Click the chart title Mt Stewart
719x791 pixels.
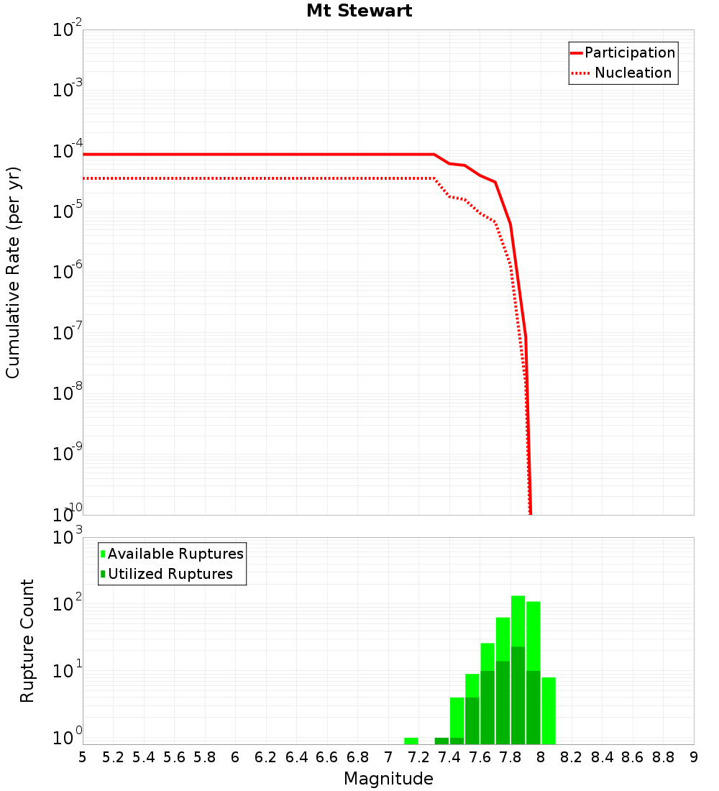point(359,11)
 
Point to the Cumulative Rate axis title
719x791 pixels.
point(13,272)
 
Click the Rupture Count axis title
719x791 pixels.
point(27,640)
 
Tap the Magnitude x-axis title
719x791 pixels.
point(388,779)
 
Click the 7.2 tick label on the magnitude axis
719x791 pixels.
point(418,757)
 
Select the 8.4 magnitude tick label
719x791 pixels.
point(602,757)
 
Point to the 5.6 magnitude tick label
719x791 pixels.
point(174,757)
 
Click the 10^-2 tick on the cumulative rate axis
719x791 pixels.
point(67,31)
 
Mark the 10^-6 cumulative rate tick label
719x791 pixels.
point(67,273)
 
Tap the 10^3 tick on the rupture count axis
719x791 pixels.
point(67,539)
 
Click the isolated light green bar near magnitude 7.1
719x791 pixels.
point(411,741)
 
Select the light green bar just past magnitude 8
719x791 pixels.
point(549,710)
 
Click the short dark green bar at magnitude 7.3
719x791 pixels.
point(441,741)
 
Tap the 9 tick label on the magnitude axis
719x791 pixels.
point(693,757)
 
